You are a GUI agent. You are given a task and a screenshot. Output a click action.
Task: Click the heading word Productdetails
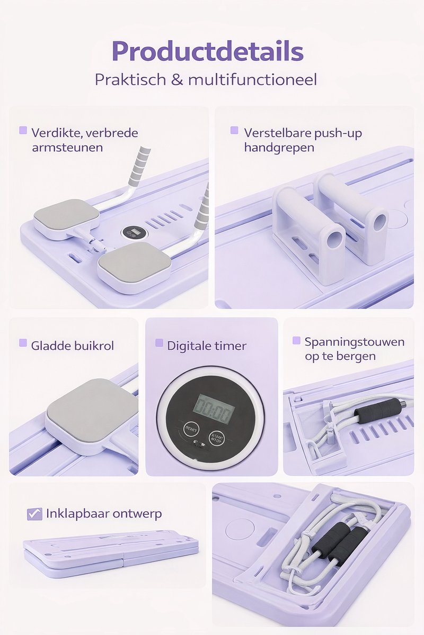[x=207, y=52]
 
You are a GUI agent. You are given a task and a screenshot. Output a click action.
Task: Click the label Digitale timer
[x=206, y=346]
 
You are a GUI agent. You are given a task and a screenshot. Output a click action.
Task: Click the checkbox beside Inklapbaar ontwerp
[x=34, y=514]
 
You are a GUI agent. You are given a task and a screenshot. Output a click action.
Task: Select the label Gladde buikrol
[x=73, y=346]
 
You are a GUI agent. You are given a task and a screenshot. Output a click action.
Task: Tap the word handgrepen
[x=279, y=147]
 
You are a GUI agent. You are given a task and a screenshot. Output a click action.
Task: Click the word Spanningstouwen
[x=354, y=342]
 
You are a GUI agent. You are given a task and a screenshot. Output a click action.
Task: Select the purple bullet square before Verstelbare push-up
[x=234, y=130]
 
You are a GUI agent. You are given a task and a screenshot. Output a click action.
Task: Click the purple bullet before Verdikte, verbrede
[x=23, y=130]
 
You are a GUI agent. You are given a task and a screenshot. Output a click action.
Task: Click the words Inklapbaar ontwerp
[x=104, y=513]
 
